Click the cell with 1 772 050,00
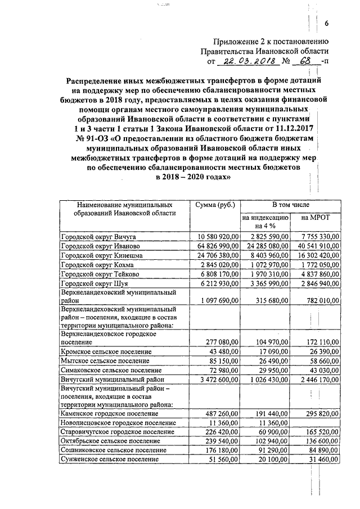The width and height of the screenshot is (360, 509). (x=317, y=265)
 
